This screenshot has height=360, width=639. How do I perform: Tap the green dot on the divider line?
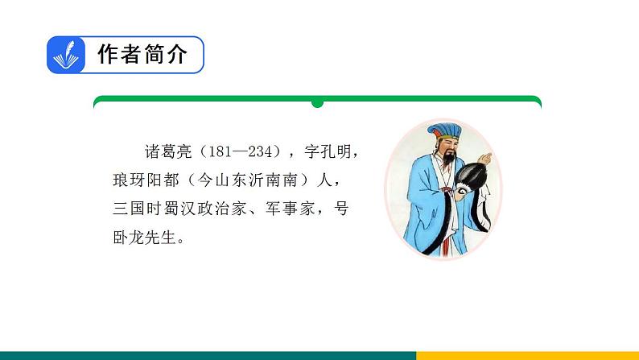tap(317, 103)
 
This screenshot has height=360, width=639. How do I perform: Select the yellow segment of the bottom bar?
tap(527, 355)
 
